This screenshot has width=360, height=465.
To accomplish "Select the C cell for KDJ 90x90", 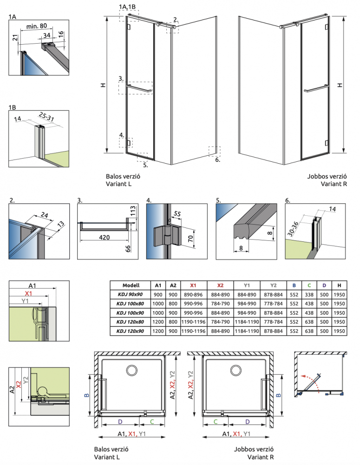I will (308, 294).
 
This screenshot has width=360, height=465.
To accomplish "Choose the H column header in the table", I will (339, 285).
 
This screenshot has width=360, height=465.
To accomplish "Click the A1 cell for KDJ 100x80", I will (158, 304).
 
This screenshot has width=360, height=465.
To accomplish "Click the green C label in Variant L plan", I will (152, 422).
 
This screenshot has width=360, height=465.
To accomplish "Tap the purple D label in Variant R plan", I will (247, 422).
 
